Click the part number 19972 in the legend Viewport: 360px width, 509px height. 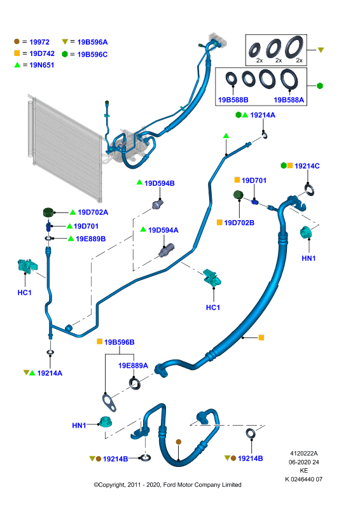[39, 42]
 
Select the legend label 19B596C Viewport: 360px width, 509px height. [92, 55]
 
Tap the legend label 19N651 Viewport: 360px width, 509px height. [41, 66]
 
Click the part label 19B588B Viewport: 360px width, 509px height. [233, 100]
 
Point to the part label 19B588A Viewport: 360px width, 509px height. [289, 100]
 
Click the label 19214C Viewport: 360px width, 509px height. [307, 166]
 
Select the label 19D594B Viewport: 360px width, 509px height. [160, 183]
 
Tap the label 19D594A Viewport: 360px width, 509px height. [163, 230]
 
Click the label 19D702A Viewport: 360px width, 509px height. [93, 213]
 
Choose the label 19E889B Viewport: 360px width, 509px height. [90, 239]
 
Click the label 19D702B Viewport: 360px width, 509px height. [239, 223]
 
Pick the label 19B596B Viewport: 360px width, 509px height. [119, 342]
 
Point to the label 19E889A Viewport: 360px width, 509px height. [133, 365]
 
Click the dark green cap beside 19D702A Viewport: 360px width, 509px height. [48, 213]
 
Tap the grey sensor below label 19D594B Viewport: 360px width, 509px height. [158, 204]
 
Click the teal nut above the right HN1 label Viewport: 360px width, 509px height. [306, 232]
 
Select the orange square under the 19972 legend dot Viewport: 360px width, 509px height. [17, 53]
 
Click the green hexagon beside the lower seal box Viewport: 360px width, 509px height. [320, 86]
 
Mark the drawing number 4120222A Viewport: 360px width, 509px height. [304, 454]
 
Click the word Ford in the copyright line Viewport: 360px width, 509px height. [169, 485]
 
